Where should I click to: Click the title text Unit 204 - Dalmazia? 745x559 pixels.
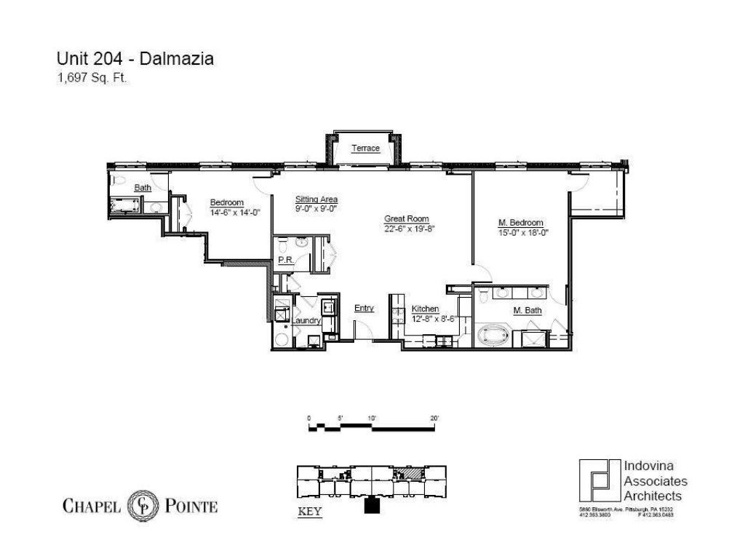pyautogui.click(x=135, y=59)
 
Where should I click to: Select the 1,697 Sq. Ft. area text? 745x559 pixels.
pyautogui.click(x=92, y=80)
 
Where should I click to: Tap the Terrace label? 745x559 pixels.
pyautogui.click(x=365, y=148)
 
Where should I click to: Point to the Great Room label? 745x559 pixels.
pyautogui.click(x=406, y=218)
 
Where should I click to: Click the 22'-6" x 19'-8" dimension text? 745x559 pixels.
pyautogui.click(x=409, y=228)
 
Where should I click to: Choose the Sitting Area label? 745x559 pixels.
pyautogui.click(x=316, y=199)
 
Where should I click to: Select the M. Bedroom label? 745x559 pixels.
pyautogui.click(x=521, y=223)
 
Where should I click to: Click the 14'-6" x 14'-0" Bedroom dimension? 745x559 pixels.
pyautogui.click(x=235, y=212)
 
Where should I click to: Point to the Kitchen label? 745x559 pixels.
pyautogui.click(x=425, y=309)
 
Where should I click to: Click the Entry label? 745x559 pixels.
pyautogui.click(x=364, y=308)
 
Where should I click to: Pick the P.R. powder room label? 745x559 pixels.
pyautogui.click(x=284, y=260)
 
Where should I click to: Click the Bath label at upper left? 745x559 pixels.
pyautogui.click(x=142, y=188)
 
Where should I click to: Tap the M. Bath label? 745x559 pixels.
pyautogui.click(x=527, y=311)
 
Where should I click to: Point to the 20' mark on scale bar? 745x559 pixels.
pyautogui.click(x=434, y=419)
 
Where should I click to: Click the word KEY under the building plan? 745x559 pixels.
pyautogui.click(x=311, y=511)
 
